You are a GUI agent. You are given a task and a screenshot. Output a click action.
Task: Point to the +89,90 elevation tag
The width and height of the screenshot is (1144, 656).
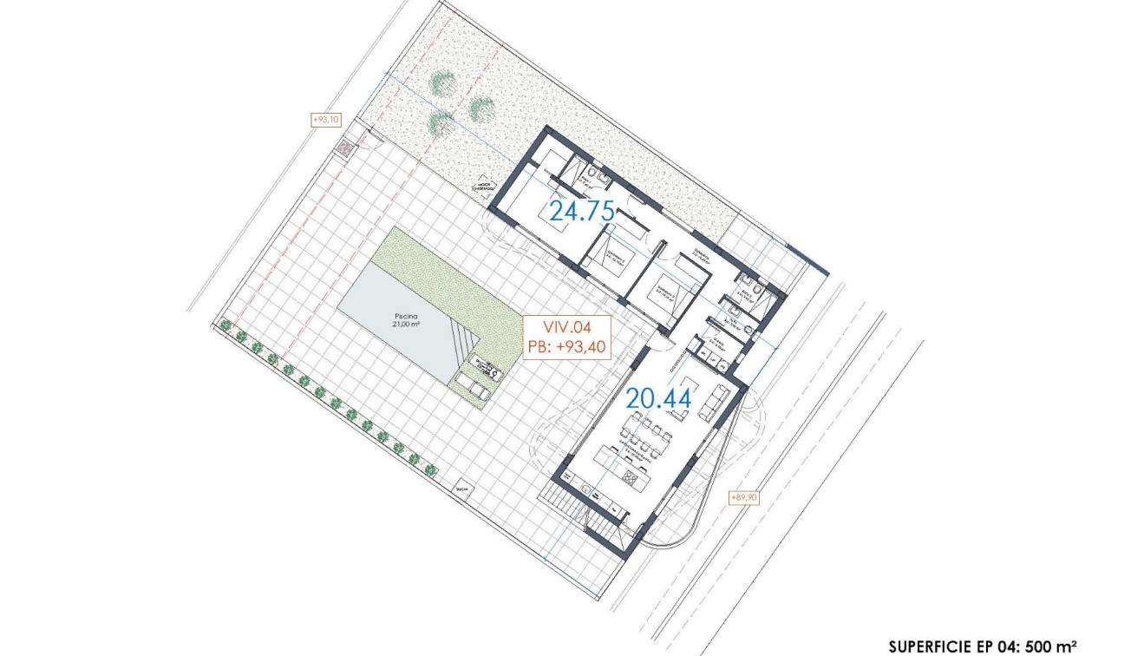746,497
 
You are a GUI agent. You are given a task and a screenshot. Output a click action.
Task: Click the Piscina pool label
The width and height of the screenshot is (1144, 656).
404,317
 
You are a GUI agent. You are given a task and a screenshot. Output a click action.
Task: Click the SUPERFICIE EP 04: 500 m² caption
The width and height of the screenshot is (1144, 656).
982,646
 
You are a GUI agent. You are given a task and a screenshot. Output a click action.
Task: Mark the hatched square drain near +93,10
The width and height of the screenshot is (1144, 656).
346,148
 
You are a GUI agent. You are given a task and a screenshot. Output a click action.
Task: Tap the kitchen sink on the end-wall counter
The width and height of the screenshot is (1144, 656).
598,492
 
